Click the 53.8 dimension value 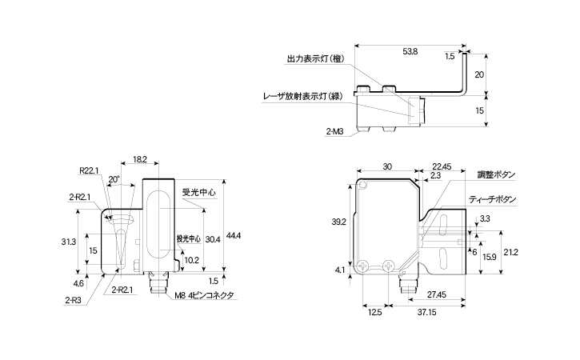point(410,51)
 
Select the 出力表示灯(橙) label point(314,58)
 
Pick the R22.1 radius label point(88,170)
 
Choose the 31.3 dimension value point(68,242)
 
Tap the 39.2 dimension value point(338,222)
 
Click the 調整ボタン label point(496,174)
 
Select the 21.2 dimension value point(511,253)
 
